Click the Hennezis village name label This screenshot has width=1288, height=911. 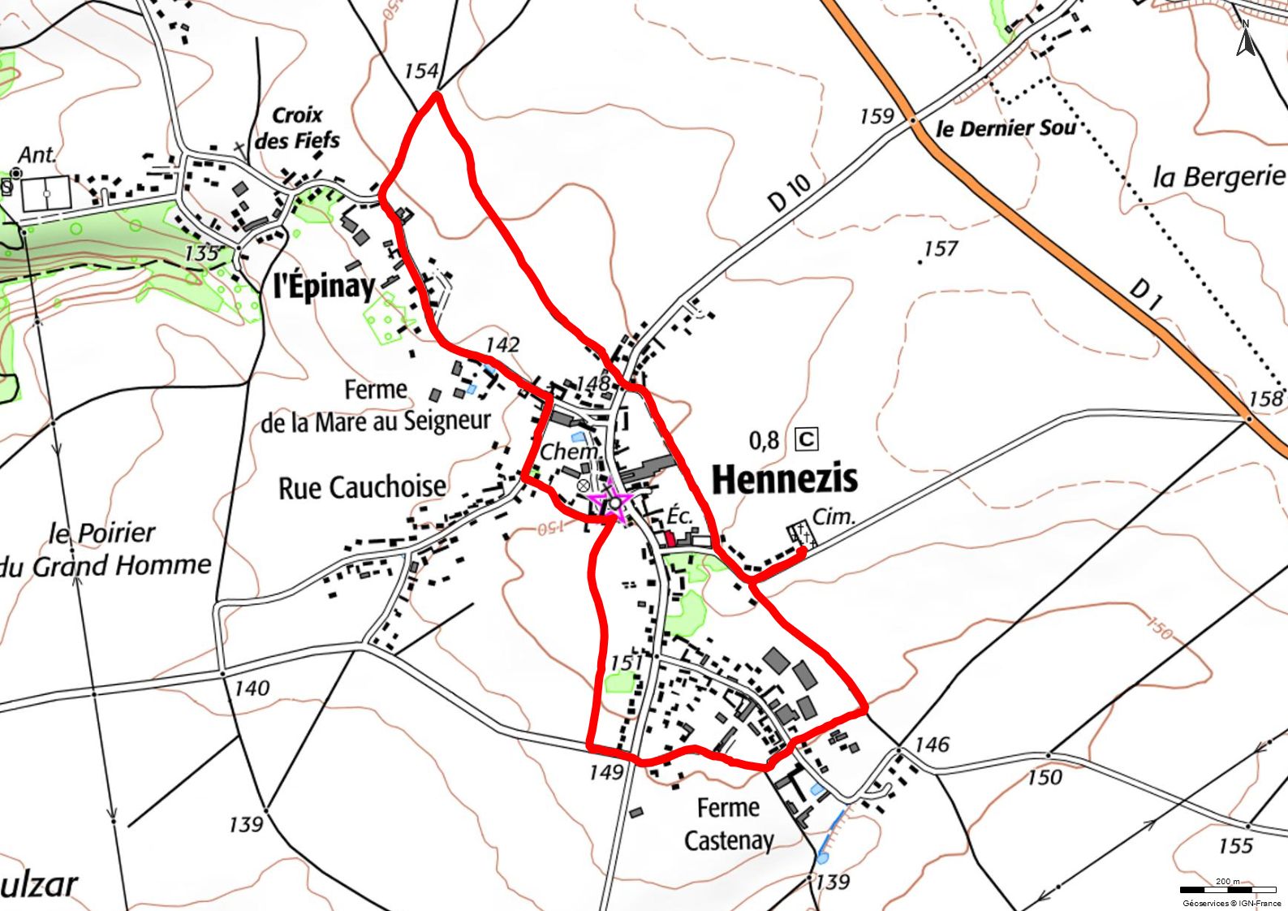pos(784,479)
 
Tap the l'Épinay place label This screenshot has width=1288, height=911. pos(324,286)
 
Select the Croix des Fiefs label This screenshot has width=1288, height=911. pos(297,127)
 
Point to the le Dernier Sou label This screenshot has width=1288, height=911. pos(1006,128)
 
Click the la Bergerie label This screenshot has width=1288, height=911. pos(1218,177)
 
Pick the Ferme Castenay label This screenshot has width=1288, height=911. pos(729,824)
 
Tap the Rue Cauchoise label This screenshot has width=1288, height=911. pos(362,488)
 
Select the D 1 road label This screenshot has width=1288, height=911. pos(1146,295)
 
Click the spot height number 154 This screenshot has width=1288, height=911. pos(420,71)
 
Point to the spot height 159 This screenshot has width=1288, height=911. pos(876,117)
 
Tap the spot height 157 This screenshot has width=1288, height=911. pos(941,248)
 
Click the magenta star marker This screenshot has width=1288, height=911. pos(613,500)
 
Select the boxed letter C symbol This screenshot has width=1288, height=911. pos(807,439)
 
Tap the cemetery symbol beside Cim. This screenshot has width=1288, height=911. pos(800,535)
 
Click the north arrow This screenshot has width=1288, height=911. pos(1245,39)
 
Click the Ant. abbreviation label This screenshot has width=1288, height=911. pos(37,154)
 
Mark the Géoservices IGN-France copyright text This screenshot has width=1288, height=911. pos(1231,903)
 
